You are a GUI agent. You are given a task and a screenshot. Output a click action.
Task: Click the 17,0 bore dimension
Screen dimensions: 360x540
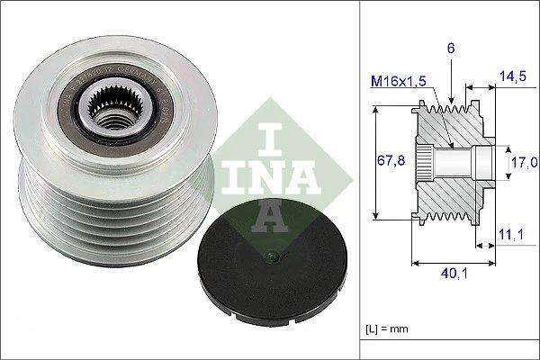(x=524, y=162)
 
